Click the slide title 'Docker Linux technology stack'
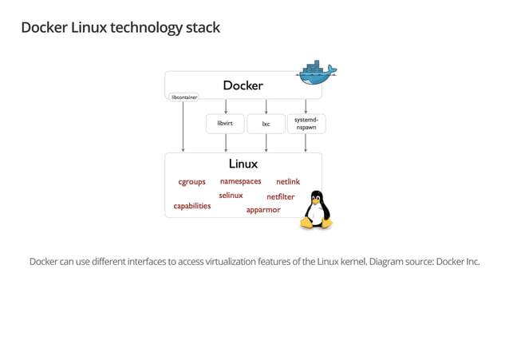click(x=120, y=28)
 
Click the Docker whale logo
click(x=316, y=73)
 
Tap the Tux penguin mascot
click(x=315, y=210)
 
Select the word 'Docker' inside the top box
click(x=243, y=85)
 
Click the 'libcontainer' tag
click(x=184, y=97)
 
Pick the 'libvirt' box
click(x=225, y=124)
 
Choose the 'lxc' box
click(x=266, y=124)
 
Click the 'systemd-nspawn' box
click(x=306, y=124)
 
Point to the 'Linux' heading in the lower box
click(x=243, y=164)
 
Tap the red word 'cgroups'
click(x=191, y=182)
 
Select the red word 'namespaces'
click(x=240, y=181)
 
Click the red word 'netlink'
click(x=287, y=182)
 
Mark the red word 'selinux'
click(x=231, y=196)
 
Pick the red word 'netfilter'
click(x=280, y=196)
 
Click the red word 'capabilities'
click(x=192, y=206)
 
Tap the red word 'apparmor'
click(x=263, y=210)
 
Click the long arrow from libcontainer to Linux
click(x=184, y=128)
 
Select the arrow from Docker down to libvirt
click(x=226, y=107)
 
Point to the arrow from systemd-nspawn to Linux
click(x=306, y=143)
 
